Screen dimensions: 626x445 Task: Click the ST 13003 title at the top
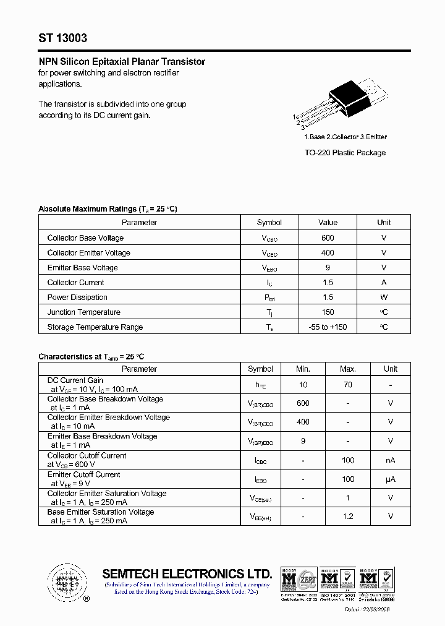[62, 38]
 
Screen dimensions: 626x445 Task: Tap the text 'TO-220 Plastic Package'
[345, 153]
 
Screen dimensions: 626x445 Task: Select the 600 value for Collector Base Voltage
[328, 238]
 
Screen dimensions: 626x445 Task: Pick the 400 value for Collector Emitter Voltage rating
[328, 253]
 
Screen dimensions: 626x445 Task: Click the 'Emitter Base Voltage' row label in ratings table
[82, 268]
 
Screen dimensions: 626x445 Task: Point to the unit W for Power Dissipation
[384, 298]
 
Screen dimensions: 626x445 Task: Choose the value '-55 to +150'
[328, 327]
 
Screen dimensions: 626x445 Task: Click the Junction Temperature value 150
[328, 312]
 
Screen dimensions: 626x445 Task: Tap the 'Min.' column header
[303, 369]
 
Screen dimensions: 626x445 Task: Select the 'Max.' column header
[348, 369]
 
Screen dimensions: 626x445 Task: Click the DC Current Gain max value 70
[348, 385]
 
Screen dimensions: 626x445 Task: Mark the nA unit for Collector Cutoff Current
[391, 460]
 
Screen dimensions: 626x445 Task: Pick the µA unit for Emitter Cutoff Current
[391, 479]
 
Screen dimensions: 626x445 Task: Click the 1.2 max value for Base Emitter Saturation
[348, 517]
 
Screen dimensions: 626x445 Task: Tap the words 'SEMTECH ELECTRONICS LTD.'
[187, 573]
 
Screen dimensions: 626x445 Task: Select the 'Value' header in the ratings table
[328, 223]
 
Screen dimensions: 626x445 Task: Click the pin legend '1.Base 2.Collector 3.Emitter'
[345, 137]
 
